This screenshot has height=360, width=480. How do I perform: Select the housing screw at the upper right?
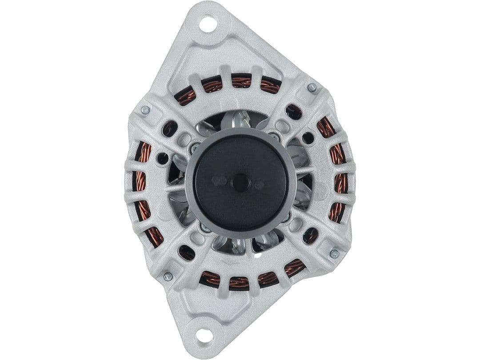click(312, 88)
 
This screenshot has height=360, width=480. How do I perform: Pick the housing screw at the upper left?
click(145, 110)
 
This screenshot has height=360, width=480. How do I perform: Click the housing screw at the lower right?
click(334, 254)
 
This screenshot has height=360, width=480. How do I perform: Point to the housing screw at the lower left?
click(168, 276)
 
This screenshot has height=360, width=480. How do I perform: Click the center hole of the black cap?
click(240, 183)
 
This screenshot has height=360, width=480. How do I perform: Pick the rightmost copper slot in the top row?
click(270, 85)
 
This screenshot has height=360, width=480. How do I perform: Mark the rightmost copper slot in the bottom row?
click(295, 268)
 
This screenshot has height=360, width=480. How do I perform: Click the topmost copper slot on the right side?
click(326, 128)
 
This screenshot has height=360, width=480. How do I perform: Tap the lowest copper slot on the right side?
click(337, 212)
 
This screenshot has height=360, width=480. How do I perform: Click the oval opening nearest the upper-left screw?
click(169, 128)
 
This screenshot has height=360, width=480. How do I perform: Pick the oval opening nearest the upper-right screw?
click(294, 111)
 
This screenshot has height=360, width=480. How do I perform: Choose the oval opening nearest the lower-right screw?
click(311, 236)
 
